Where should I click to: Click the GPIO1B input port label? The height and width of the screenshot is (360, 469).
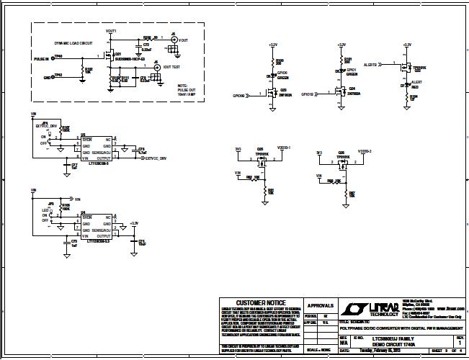(x=307, y=94)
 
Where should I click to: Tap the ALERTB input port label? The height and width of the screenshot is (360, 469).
(x=372, y=64)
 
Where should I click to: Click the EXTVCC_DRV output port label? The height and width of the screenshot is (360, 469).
(x=156, y=158)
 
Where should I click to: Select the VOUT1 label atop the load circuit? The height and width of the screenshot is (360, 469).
(x=111, y=32)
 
